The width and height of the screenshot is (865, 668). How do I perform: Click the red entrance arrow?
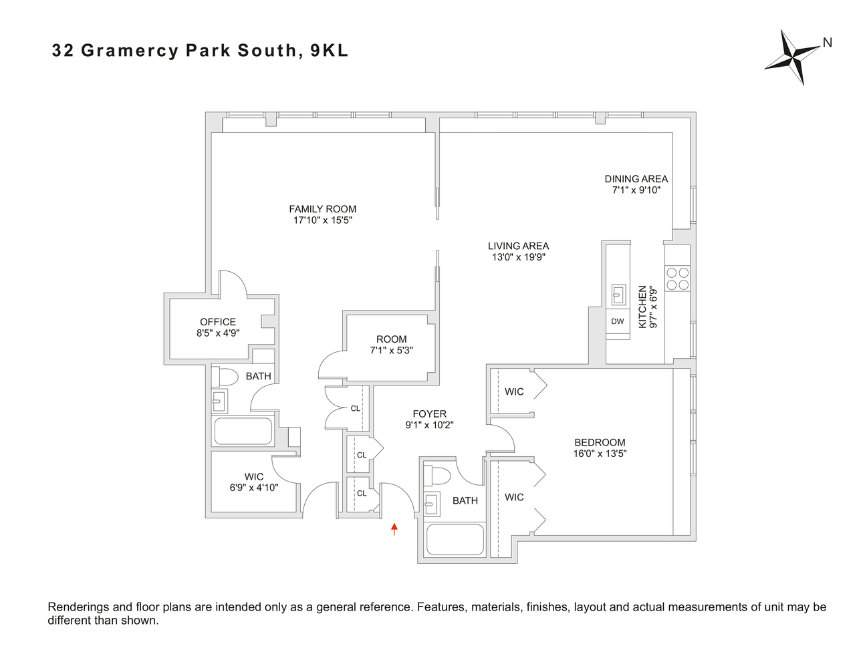coord(394,529)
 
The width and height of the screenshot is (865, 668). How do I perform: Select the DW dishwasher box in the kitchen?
coord(617,321)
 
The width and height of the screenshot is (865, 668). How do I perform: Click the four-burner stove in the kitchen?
coord(677,279)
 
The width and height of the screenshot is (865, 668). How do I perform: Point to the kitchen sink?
coord(618,294)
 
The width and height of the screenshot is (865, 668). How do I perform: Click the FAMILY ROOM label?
coord(322,209)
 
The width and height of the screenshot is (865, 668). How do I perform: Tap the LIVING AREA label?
coord(518,246)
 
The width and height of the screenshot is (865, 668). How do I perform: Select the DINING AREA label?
coord(636,179)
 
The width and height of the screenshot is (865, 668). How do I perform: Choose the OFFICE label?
coord(218,322)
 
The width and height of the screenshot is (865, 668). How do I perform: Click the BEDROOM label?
coord(600,442)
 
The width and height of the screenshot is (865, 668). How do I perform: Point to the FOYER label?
coord(429,414)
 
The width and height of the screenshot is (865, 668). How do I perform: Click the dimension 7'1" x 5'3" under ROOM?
coord(391,350)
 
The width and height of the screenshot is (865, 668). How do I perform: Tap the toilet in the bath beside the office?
coord(225,377)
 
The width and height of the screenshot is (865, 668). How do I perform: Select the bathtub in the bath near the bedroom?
coord(455,539)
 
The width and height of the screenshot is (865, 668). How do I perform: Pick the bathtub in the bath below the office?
coord(243,431)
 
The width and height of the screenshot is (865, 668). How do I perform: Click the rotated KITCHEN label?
coord(642,307)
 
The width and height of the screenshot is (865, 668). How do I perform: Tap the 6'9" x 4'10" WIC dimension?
coord(253,488)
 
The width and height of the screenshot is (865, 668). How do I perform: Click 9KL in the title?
coord(329,51)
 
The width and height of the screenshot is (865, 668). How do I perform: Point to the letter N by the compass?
coord(827,43)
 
